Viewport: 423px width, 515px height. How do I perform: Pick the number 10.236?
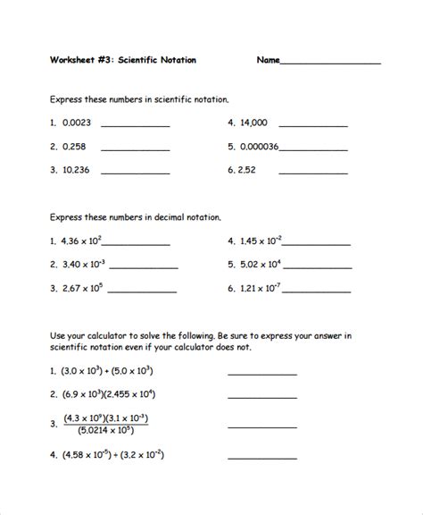pos(75,168)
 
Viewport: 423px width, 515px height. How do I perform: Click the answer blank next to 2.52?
pos(314,171)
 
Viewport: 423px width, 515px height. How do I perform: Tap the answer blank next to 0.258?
pos(135,148)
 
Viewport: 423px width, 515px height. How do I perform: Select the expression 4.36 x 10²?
pos(81,241)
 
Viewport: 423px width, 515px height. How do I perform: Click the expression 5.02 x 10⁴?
pos(259,264)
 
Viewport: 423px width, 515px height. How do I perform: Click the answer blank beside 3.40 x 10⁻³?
pos(143,266)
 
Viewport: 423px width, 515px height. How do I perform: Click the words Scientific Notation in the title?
pos(157,61)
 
